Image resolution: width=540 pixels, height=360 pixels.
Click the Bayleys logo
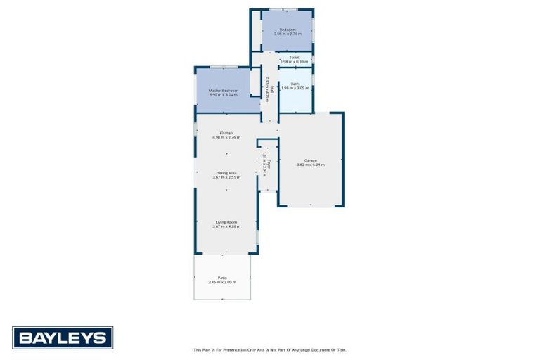[63, 337]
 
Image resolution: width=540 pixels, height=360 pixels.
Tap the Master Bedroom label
[224, 91]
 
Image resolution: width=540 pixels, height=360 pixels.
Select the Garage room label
[310, 160]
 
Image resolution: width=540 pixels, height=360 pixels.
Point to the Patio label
[222, 278]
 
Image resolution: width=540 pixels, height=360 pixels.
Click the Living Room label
[226, 222]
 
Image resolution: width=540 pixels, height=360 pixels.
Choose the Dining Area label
[226, 173]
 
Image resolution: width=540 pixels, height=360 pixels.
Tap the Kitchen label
[226, 133]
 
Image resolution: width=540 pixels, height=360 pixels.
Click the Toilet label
[294, 58]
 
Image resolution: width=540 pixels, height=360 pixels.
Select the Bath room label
[295, 84]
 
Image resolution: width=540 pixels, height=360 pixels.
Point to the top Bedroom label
[288, 29]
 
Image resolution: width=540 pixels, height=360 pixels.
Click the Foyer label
[268, 163]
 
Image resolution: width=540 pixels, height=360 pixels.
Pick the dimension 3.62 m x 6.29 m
[310, 165]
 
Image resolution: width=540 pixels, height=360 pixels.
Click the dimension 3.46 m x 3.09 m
[222, 282]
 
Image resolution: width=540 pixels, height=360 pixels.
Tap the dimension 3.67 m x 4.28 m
[226, 226]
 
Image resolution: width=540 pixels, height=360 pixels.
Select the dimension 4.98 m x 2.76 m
[226, 137]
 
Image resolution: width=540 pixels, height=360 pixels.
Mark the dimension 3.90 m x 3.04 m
[224, 95]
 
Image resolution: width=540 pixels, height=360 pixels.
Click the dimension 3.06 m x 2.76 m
[288, 33]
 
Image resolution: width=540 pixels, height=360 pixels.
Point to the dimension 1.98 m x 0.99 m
[294, 62]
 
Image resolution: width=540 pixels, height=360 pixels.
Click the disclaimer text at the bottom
[270, 349]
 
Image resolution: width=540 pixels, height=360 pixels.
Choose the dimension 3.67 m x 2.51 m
[226, 177]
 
